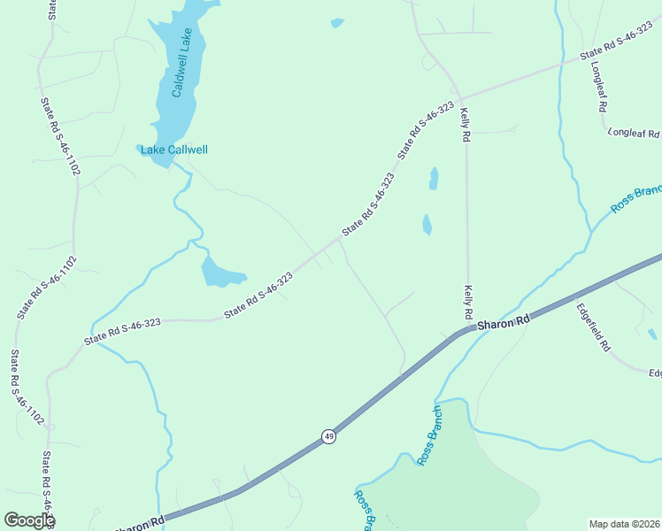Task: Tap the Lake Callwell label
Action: (174, 150)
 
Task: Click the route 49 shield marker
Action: (328, 436)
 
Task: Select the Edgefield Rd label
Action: (593, 328)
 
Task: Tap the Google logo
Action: (28, 520)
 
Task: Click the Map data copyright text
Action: (625, 524)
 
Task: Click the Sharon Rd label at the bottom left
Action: (139, 524)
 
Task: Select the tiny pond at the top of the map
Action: (336, 23)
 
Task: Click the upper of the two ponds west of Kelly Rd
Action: (434, 179)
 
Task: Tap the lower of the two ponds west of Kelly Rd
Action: (427, 225)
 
